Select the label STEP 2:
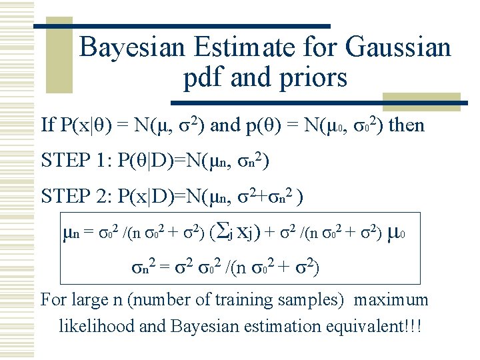coord(75,196)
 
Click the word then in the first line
coord(406,125)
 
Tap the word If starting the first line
coord(48,125)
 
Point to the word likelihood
coord(98,327)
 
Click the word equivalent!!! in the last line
coord(376,327)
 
